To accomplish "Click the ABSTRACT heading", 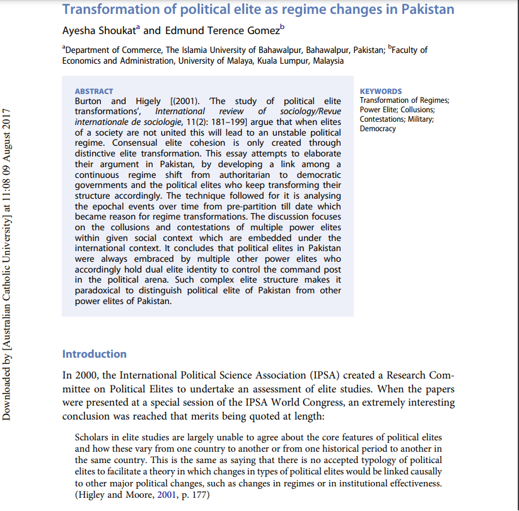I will click(93, 91).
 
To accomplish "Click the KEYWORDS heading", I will click(380, 91).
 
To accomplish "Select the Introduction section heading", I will click(94, 354).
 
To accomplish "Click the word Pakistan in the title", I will click(426, 9).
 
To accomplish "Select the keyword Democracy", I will click(378, 129).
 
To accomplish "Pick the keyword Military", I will click(419, 119).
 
